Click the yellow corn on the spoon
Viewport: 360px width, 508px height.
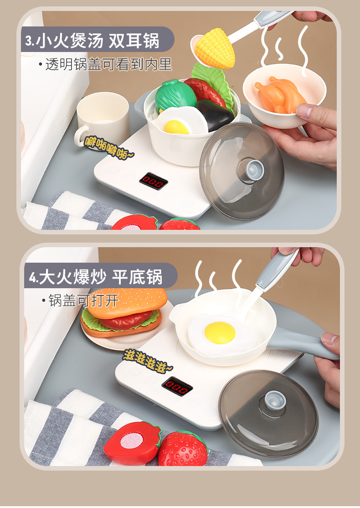point(215,48)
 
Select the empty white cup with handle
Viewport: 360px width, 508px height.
point(103,114)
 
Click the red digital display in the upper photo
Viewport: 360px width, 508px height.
point(153,181)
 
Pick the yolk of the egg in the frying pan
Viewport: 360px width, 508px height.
point(220,332)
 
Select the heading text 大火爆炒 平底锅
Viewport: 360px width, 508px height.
point(100,277)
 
